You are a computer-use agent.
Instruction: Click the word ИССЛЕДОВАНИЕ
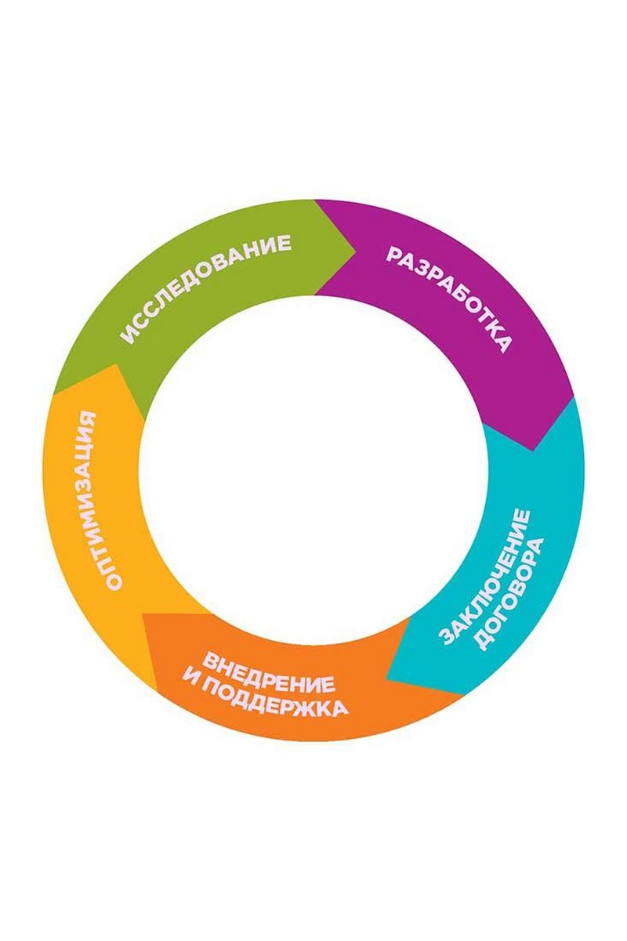tap(206, 288)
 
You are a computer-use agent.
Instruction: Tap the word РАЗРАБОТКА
tap(449, 299)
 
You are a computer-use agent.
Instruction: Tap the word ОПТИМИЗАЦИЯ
tap(100, 500)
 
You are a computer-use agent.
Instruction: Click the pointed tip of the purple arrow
tap(535, 451)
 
